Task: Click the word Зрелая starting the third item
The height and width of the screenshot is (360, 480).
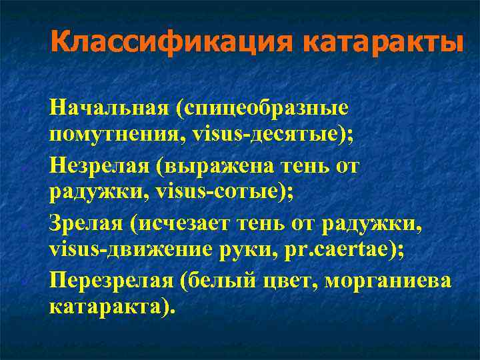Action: (x=86, y=222)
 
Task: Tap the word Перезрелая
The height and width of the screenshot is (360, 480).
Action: (x=111, y=279)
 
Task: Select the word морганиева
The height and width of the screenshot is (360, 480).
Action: (x=393, y=279)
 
